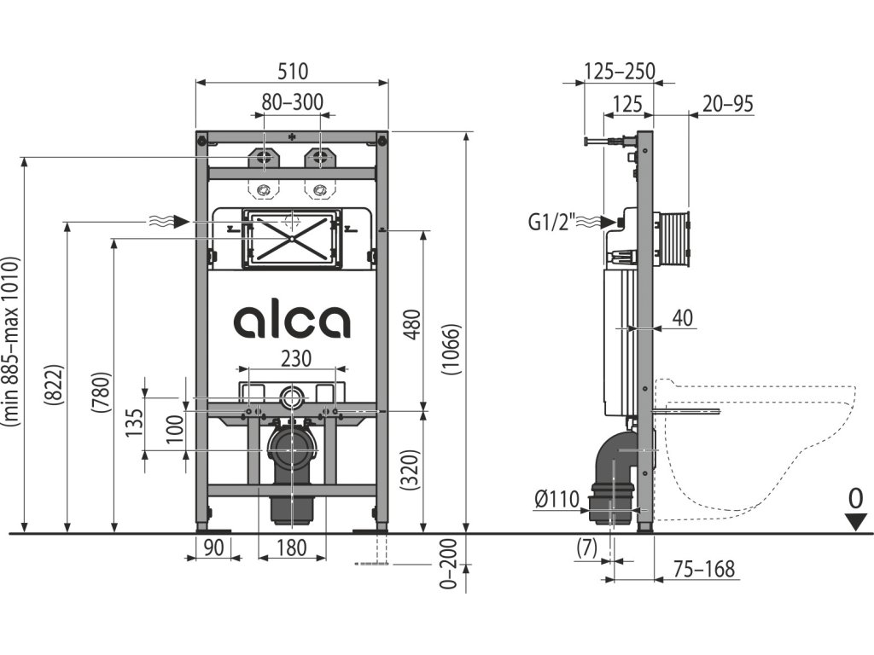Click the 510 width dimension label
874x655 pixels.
click(x=292, y=72)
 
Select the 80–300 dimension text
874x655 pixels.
click(x=292, y=102)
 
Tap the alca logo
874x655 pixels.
click(x=291, y=321)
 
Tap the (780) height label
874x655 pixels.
click(x=100, y=393)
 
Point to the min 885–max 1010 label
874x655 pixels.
click(x=11, y=341)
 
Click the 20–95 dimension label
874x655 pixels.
click(x=727, y=104)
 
